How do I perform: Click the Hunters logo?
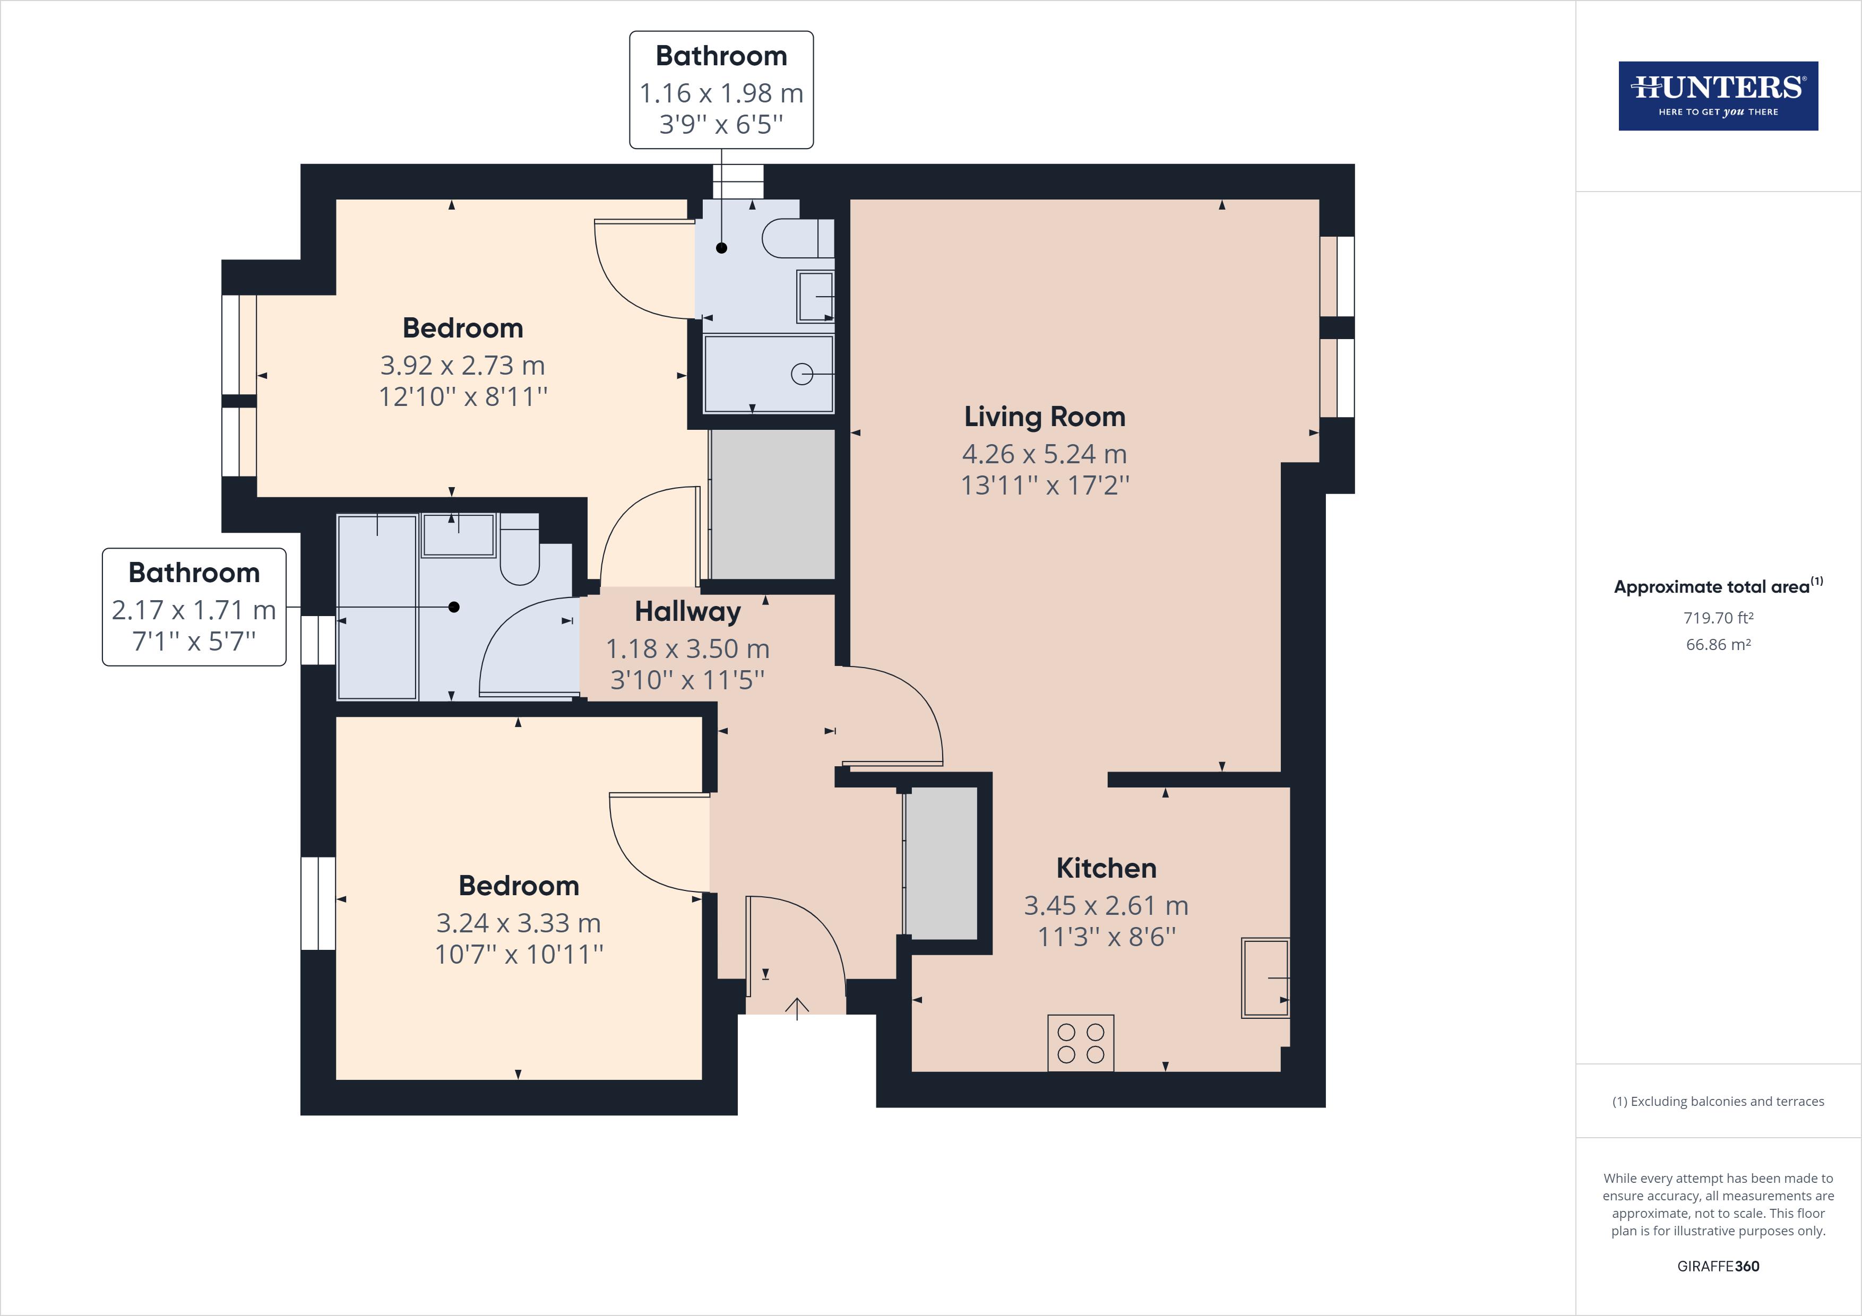pos(1718,96)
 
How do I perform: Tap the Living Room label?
pos(1045,417)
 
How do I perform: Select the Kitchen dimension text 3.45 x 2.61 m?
pos(1106,905)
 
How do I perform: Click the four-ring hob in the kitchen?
pos(1080,1043)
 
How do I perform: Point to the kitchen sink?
pos(1264,978)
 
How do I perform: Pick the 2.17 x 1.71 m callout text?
pos(194,610)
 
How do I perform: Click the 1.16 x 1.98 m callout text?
pos(721,93)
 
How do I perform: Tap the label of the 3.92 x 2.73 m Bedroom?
pos(462,328)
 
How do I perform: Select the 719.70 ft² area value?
pos(1718,618)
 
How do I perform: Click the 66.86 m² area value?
pos(1718,645)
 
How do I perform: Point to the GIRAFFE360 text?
pos(1718,1266)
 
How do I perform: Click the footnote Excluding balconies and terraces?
pos(1718,1101)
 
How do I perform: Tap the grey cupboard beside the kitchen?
pos(941,863)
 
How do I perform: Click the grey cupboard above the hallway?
pos(772,504)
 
